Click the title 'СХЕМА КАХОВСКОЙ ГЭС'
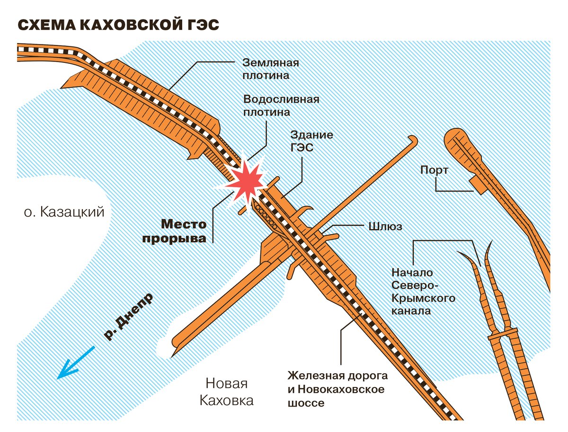coord(118,25)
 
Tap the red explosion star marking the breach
coord(246,182)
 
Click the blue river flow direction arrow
coord(76,363)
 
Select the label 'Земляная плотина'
coord(270,69)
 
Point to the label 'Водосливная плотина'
coord(281,106)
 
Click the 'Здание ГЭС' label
coord(311,141)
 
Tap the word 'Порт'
coord(434,170)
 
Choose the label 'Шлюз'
coord(385,227)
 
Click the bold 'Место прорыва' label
coord(174,231)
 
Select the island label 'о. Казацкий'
coord(64,212)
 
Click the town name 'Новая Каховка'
coord(226,392)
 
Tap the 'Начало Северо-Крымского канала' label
coord(423,292)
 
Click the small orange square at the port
coord(478,185)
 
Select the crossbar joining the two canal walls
coord(503,334)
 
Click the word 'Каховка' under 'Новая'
coord(226,400)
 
